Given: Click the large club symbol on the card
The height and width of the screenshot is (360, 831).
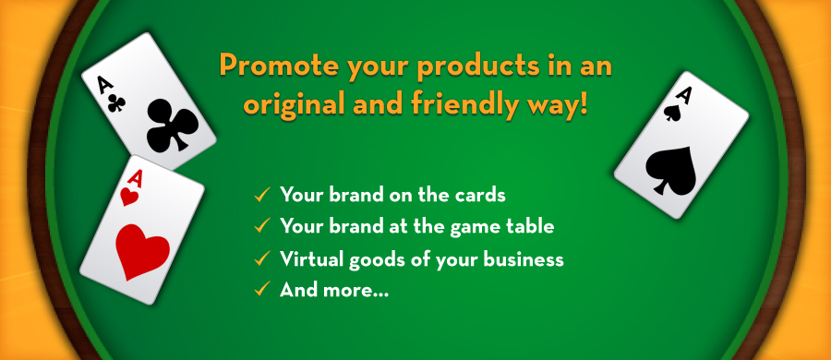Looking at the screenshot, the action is click(172, 125).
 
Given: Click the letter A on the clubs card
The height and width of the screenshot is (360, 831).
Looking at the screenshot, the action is click(103, 84).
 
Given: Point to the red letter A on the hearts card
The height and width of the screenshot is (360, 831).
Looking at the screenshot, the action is click(135, 179).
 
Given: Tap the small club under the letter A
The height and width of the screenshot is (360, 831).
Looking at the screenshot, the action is click(116, 102).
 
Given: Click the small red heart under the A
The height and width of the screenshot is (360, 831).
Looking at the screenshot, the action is click(128, 197).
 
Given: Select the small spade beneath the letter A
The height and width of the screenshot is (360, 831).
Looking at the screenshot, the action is click(672, 112).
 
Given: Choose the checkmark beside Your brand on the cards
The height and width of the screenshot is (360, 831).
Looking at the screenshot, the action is click(262, 195).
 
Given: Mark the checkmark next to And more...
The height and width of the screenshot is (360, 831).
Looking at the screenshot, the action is click(262, 290).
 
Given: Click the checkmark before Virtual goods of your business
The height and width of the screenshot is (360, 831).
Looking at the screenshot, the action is click(262, 258).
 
